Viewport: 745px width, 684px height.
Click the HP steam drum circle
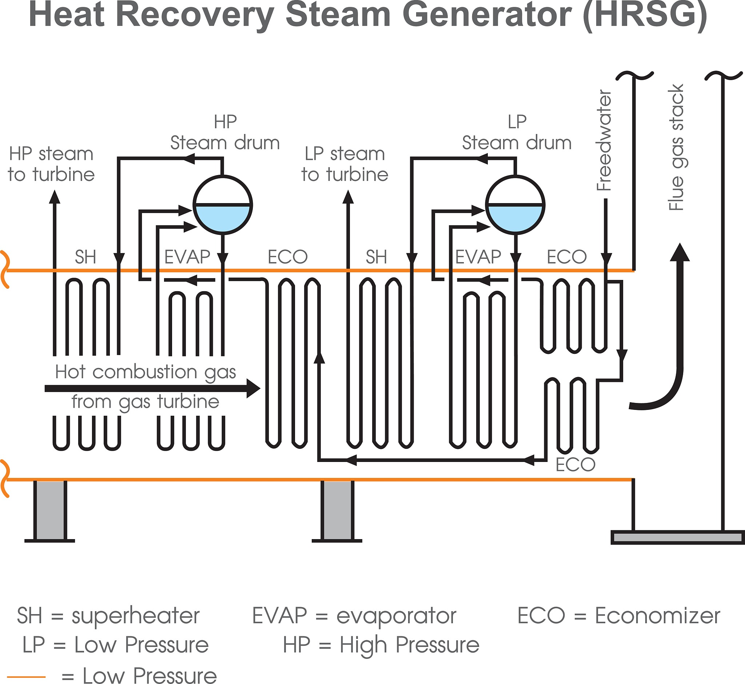(x=223, y=175)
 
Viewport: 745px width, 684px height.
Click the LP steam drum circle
(x=515, y=175)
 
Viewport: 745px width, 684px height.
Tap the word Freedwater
(x=604, y=141)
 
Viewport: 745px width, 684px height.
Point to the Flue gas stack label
(x=676, y=148)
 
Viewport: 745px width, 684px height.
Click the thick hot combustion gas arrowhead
(x=254, y=388)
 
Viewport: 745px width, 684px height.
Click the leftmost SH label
(x=85, y=257)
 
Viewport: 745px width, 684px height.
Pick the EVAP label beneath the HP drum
(x=187, y=257)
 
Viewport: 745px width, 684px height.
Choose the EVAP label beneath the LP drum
(x=478, y=257)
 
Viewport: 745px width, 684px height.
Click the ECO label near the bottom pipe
(x=575, y=464)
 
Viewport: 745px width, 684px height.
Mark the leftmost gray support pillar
(x=50, y=510)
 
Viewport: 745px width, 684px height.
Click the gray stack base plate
(x=678, y=537)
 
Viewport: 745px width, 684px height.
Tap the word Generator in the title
(x=487, y=16)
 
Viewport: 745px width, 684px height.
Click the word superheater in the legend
(x=135, y=616)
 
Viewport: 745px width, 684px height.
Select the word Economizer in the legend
(x=657, y=616)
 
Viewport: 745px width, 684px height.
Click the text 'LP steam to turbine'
(x=345, y=164)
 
